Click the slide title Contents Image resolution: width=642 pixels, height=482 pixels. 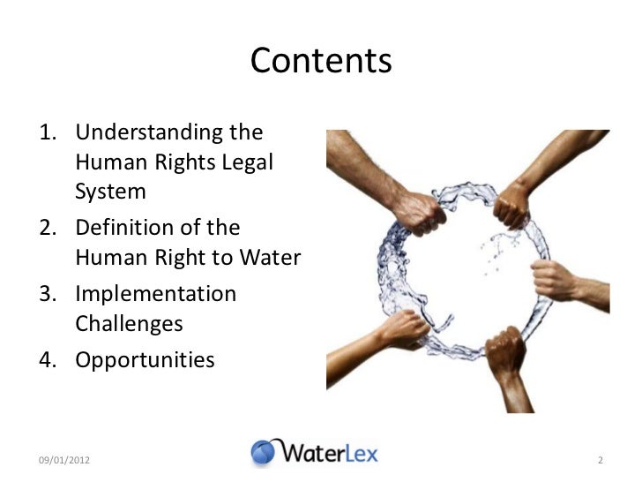pyautogui.click(x=320, y=61)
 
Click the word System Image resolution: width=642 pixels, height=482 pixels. pyautogui.click(x=110, y=191)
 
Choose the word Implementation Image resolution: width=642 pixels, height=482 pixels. pyautogui.click(x=156, y=293)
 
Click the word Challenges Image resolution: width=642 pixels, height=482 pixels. pyautogui.click(x=129, y=323)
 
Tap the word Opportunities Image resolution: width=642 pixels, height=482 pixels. pyautogui.click(x=145, y=359)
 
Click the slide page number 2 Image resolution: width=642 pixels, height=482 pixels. pyautogui.click(x=600, y=460)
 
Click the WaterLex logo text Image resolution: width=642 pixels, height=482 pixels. pyautogui.click(x=330, y=453)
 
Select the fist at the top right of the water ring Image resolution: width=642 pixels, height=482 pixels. pyautogui.click(x=511, y=211)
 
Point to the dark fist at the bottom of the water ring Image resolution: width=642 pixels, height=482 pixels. pyautogui.click(x=505, y=343)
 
